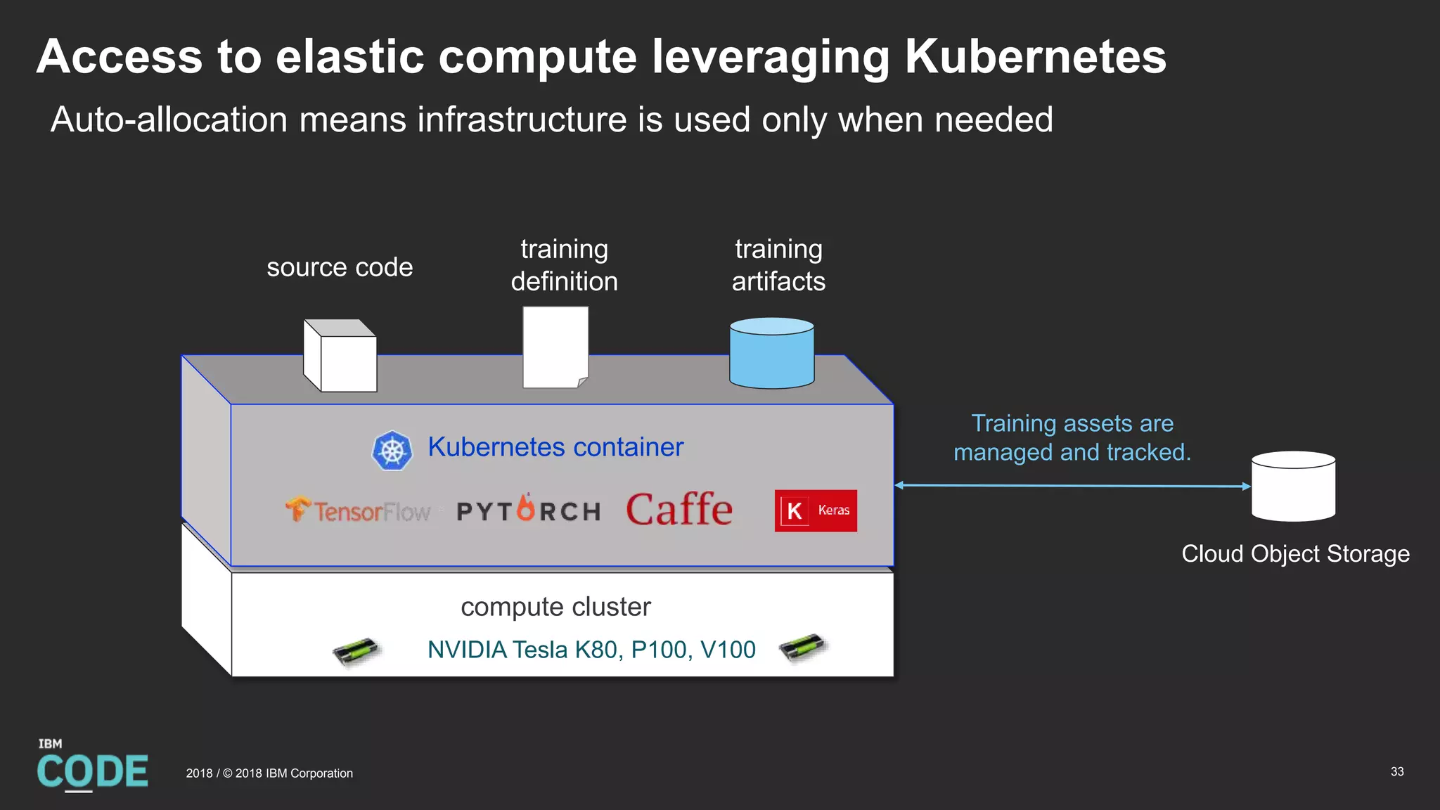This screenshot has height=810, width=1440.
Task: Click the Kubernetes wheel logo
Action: click(x=392, y=450)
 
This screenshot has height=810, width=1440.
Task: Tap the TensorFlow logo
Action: click(x=358, y=510)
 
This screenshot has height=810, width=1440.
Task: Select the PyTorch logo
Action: click(x=529, y=509)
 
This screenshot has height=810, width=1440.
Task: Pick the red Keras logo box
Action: click(x=816, y=510)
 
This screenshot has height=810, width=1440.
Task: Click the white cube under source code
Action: click(x=340, y=356)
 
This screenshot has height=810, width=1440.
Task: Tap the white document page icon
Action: click(x=555, y=347)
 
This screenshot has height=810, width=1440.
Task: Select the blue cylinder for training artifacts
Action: click(x=771, y=353)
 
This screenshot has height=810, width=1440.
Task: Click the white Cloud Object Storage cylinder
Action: click(x=1293, y=487)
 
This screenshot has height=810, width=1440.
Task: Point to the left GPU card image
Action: click(x=356, y=651)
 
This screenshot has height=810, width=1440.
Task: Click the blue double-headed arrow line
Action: click(x=1072, y=485)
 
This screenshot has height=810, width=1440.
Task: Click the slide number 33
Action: click(x=1397, y=771)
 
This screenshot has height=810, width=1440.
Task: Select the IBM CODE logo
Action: click(x=92, y=766)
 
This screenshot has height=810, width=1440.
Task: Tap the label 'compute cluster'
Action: click(x=555, y=607)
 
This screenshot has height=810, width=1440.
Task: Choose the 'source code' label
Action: click(x=340, y=267)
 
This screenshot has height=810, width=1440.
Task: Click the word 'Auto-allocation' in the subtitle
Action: click(x=169, y=120)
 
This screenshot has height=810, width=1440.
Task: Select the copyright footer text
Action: click(x=269, y=773)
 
